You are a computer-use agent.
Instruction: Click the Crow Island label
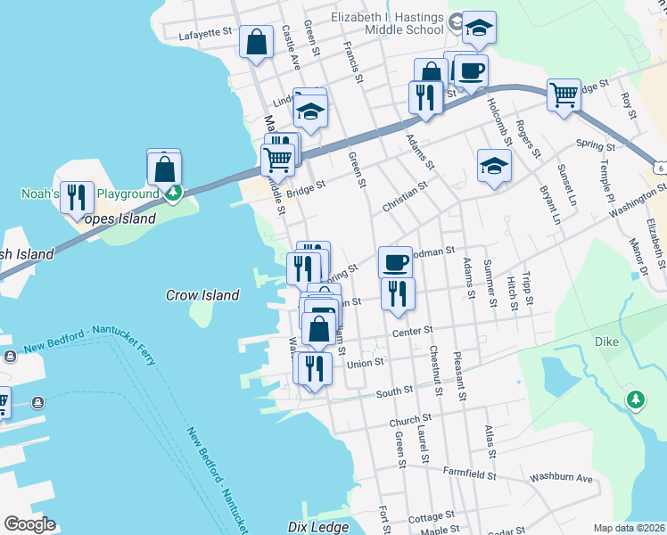pos(202,295)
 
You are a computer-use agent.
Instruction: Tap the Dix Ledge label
pos(318,527)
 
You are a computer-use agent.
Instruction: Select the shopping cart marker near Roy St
pos(564,94)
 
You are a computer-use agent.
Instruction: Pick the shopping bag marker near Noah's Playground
pos(164,168)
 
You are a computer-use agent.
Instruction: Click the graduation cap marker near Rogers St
pos(494,165)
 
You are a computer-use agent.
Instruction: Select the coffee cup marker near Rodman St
pos(395,262)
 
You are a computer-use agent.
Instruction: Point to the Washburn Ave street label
pos(561,478)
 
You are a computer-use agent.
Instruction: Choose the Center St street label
pos(413,332)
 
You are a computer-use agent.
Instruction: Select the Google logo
pos(29,524)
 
